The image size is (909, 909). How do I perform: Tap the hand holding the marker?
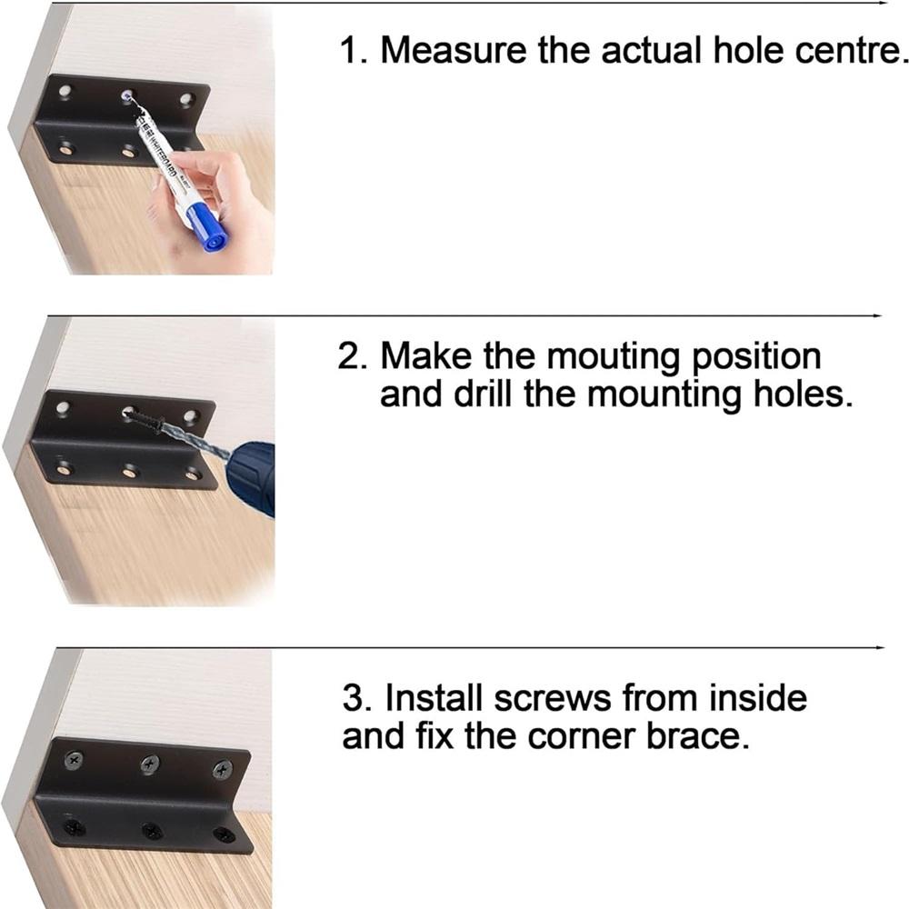(x=218, y=195)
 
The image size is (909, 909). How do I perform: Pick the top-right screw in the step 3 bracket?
(x=222, y=771)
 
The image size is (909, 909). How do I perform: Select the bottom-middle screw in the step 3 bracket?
(x=152, y=830)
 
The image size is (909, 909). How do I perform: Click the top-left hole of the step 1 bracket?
(x=66, y=91)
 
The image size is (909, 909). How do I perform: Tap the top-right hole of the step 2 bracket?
(x=191, y=417)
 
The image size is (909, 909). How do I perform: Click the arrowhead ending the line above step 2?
(x=878, y=315)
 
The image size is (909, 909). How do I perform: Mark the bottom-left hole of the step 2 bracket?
(x=64, y=469)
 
